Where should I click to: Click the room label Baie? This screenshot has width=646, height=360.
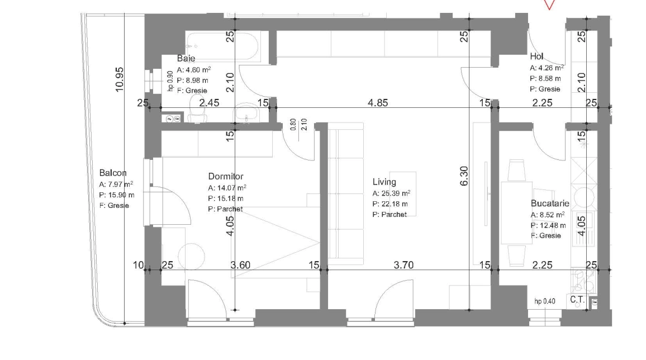[186, 59]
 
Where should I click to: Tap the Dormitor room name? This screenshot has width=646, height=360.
[226, 177]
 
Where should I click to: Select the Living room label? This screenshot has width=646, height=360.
[384, 182]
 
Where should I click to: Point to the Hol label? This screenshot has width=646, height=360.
[536, 57]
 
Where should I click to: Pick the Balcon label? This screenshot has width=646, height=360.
[113, 173]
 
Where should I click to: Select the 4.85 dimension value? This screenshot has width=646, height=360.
[378, 103]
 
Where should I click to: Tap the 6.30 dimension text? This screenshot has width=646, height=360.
[463, 176]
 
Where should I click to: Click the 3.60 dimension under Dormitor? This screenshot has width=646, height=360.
[240, 265]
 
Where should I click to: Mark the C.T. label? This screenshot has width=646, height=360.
[577, 300]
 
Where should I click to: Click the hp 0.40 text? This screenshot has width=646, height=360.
[545, 301]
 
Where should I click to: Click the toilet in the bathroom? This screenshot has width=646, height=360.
[196, 108]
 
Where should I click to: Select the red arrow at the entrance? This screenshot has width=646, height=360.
[550, 4]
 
